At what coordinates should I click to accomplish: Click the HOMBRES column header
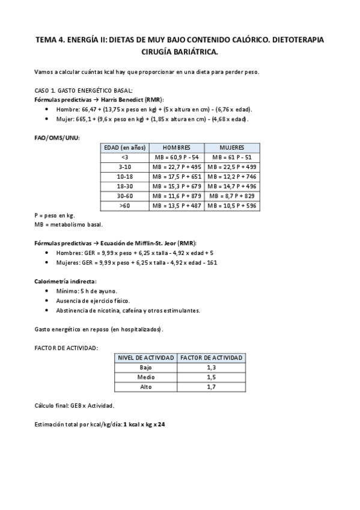[x=176, y=148]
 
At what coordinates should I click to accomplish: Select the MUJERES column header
[x=232, y=148]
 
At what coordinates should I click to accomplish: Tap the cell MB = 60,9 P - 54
[x=176, y=158]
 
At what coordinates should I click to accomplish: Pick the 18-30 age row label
[x=124, y=186]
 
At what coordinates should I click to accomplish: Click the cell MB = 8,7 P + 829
[x=232, y=196]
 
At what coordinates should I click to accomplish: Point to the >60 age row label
[x=124, y=206]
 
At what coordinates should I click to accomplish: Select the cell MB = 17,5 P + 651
[x=176, y=177]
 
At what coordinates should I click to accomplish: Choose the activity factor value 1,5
[x=211, y=377]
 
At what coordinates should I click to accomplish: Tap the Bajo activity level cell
[x=146, y=367]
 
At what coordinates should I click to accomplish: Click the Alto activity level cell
[x=146, y=387]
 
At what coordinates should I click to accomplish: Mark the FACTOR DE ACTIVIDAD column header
[x=211, y=358]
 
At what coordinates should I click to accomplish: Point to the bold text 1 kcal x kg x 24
[x=144, y=425]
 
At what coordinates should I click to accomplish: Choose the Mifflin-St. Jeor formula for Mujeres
[x=136, y=262]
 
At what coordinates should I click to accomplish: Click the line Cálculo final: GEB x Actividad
[x=75, y=406]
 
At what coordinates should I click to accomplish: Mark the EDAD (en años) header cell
[x=124, y=148]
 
